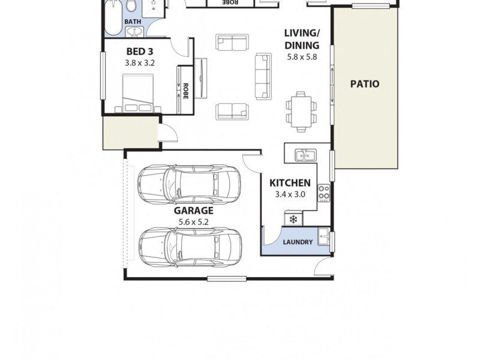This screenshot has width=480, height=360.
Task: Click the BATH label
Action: pos(133,22)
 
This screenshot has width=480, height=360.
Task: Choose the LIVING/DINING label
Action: pos(302,40)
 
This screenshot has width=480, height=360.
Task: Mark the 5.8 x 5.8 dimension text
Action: pos(302,58)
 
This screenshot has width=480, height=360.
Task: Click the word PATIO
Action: pos(365,84)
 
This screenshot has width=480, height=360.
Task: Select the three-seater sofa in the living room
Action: pos(263,76)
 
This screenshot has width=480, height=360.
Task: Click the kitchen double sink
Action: pos(304,156)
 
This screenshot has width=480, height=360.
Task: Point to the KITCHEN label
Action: pos(289,183)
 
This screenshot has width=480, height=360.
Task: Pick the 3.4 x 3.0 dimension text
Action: pos(290,194)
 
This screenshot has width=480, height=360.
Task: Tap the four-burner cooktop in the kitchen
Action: pos(323,192)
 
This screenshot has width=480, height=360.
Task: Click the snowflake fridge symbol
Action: pos(293,220)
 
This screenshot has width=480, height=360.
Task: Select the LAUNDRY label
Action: pos(298,242)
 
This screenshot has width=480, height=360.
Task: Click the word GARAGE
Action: pos(194,211)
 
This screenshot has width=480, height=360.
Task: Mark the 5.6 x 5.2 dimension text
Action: pos(194,222)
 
